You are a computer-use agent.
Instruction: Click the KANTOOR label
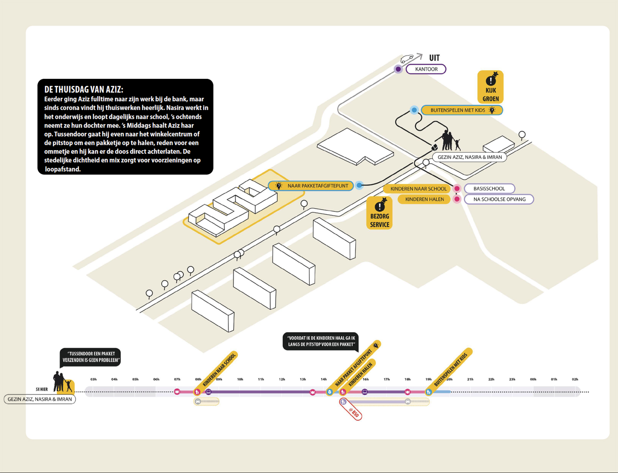tap(426, 69)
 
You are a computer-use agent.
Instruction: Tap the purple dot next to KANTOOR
tap(398, 69)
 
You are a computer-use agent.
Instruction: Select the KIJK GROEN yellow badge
tap(490, 87)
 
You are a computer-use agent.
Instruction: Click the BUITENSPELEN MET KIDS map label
tap(462, 110)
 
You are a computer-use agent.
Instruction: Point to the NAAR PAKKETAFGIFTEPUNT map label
tap(311, 186)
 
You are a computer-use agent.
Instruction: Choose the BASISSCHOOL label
tap(489, 188)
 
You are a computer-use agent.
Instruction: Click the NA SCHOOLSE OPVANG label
tap(499, 199)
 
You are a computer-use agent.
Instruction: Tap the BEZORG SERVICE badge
tap(379, 213)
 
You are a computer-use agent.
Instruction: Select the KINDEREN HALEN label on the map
tap(424, 199)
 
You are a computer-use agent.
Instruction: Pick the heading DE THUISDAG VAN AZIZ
tap(84, 90)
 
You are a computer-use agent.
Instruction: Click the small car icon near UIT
tap(407, 59)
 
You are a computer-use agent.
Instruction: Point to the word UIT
tap(434, 58)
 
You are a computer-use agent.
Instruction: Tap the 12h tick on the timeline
tap(282, 379)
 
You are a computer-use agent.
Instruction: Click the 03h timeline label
tap(93, 379)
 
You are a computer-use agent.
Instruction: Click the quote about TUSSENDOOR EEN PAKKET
tap(90, 357)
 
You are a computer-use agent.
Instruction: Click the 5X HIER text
tap(42, 389)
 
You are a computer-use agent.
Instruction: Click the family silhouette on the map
tap(450, 141)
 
